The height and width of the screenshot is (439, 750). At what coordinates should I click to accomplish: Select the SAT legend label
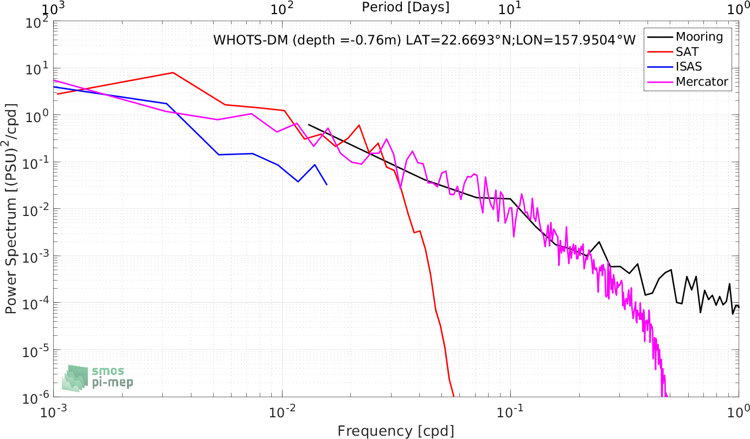coord(687,52)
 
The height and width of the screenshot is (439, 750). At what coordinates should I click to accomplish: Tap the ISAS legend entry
coord(689,66)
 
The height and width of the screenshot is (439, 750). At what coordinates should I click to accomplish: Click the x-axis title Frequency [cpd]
coord(396,431)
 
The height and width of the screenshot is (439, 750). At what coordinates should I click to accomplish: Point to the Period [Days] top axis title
coord(406,7)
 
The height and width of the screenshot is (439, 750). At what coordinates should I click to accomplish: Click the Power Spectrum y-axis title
coord(11,208)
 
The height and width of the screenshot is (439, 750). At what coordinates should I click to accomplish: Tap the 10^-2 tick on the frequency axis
coord(283,412)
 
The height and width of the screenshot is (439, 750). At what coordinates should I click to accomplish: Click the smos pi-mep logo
coord(98,378)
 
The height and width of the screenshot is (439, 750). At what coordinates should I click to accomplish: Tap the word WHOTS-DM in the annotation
coord(251,40)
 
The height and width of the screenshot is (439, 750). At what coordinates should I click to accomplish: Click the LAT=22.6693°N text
coord(458,40)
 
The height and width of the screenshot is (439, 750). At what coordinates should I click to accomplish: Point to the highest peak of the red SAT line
coord(173,72)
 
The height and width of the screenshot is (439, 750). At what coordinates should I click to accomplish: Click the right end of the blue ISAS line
coord(327,184)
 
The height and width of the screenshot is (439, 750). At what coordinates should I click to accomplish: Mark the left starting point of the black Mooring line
coord(309,125)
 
